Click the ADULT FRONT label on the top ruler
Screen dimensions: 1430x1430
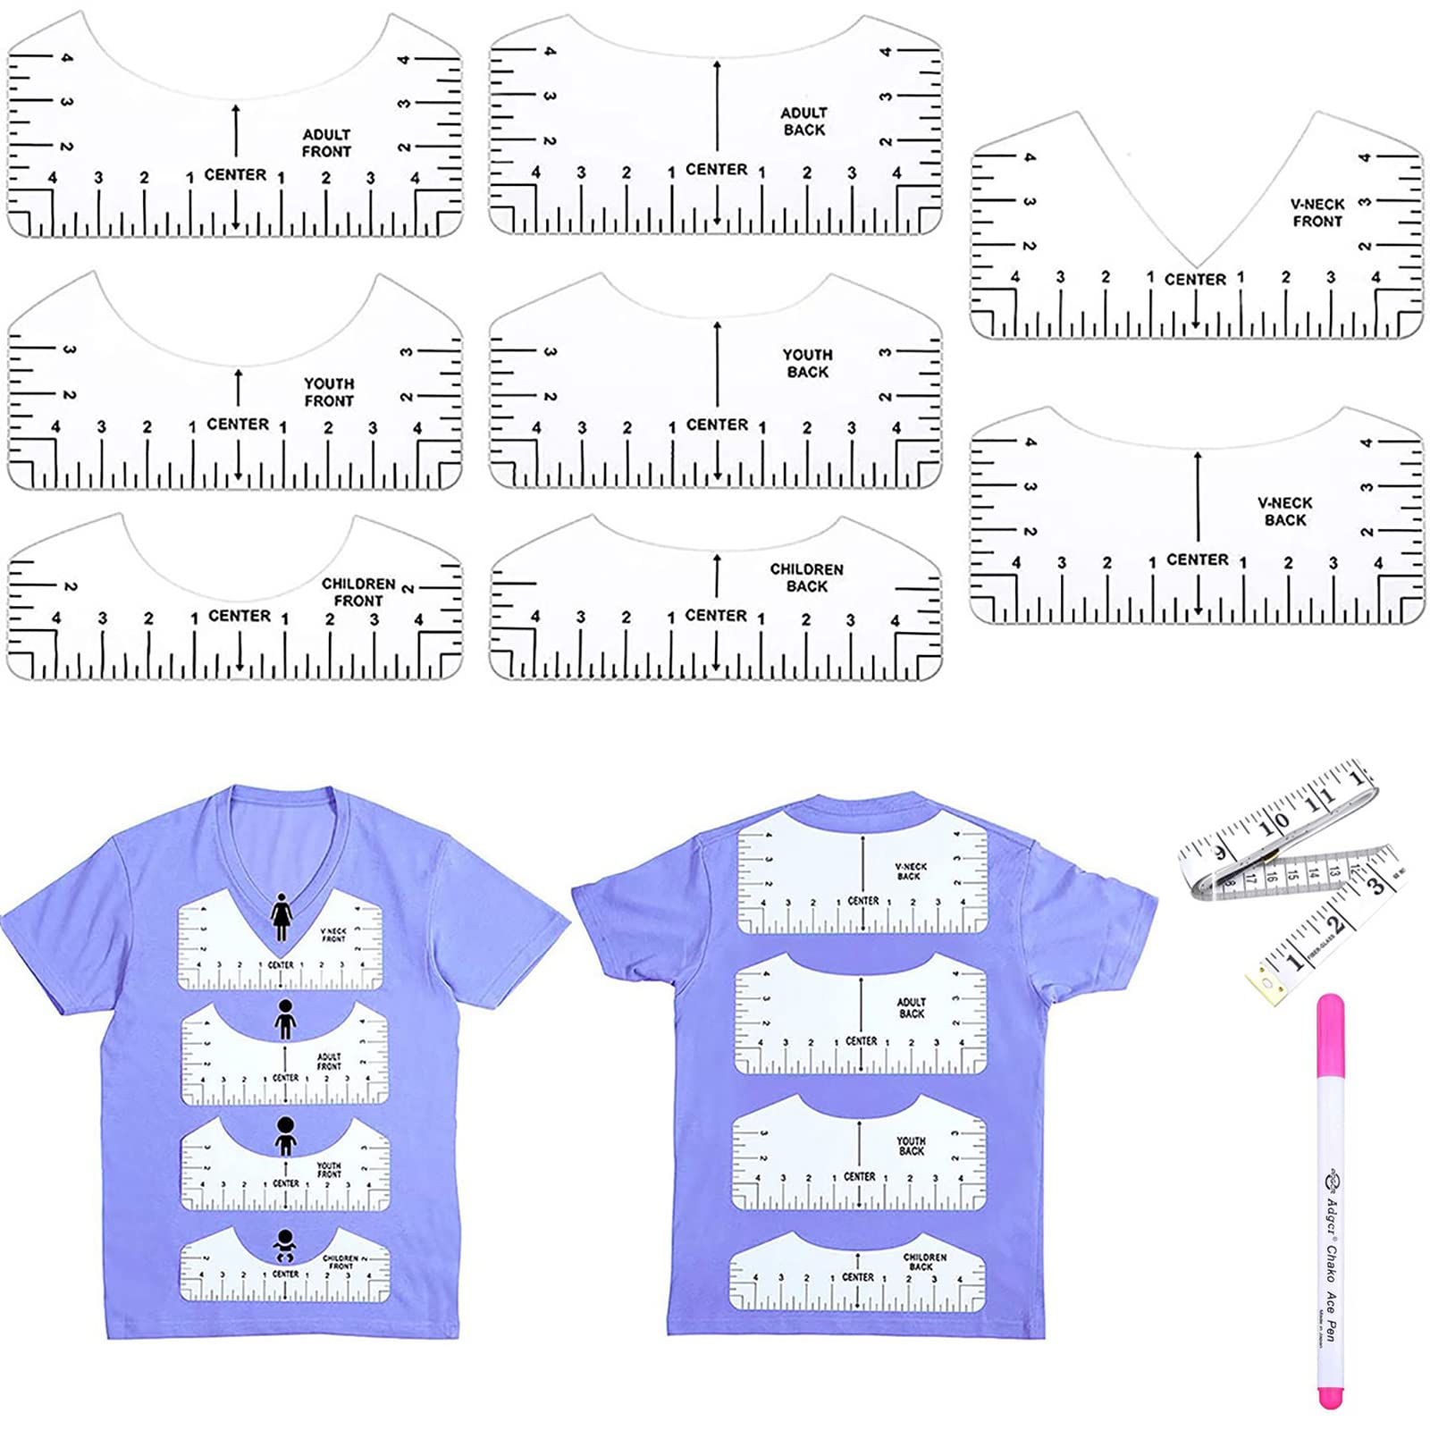326,143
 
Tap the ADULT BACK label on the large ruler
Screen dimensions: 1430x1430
804,122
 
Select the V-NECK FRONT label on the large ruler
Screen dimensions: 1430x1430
1317,213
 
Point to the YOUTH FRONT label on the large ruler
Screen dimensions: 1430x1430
329,392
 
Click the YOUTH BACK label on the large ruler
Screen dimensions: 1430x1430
808,363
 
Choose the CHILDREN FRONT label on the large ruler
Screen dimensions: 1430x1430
358,592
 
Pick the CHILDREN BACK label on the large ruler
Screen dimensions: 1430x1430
807,577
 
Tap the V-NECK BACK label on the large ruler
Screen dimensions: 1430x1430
1285,511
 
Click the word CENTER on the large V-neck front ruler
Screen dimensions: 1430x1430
1195,280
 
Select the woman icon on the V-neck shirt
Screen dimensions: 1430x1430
282,916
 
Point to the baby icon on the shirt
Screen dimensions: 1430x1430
285,1245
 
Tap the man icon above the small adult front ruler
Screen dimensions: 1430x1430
285,1019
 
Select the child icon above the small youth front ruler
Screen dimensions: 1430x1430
285,1135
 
